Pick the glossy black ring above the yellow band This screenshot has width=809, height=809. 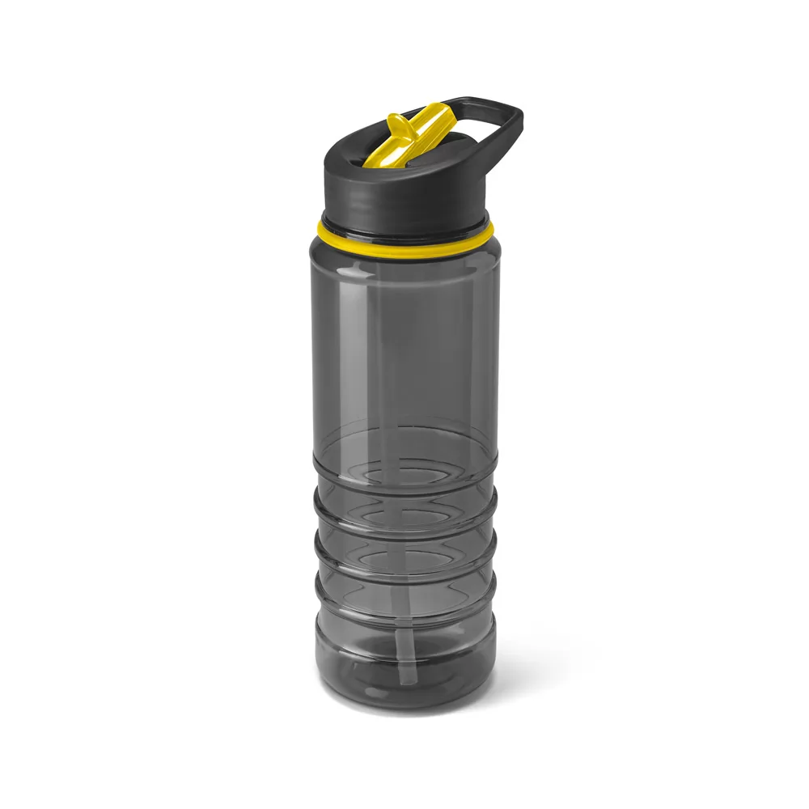click(404, 222)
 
